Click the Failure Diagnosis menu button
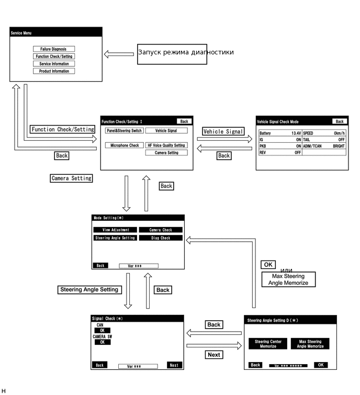tap(53, 49)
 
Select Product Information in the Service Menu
tap(53, 71)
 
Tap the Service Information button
tap(53, 64)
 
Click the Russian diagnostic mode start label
tap(186, 52)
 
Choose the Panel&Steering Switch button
tap(123, 131)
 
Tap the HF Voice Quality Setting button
tap(166, 145)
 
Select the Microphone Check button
tap(124, 145)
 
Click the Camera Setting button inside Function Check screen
tap(166, 153)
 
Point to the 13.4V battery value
tap(296, 133)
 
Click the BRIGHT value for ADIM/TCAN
tap(339, 146)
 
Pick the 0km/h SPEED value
tap(339, 133)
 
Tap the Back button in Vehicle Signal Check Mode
tap(340, 121)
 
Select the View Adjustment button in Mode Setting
tap(115, 230)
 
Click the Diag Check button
tap(161, 238)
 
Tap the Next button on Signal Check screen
tap(174, 365)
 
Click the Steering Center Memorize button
tap(268, 344)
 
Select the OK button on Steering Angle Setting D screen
tap(321, 365)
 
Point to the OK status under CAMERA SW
tap(102, 342)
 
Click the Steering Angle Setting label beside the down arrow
tap(89, 289)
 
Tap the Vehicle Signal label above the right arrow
tap(223, 132)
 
